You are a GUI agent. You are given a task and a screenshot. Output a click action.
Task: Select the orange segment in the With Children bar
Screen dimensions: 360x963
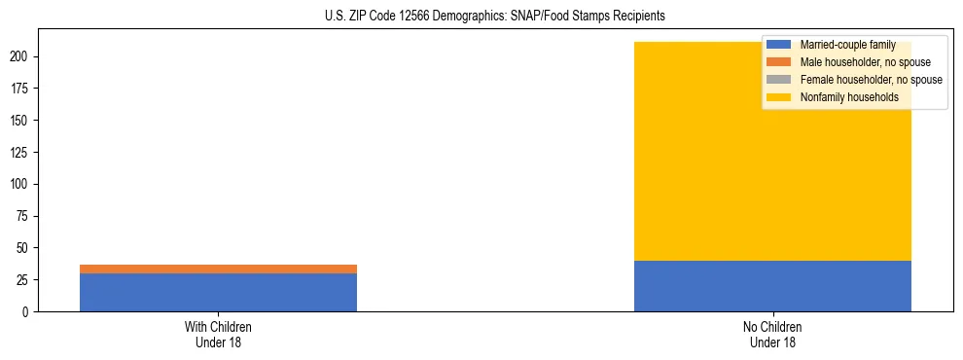[x=218, y=269]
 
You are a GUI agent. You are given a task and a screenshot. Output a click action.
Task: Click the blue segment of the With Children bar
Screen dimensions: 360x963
[x=218, y=292]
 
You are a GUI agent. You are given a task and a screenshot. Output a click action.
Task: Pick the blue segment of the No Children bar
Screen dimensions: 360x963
[x=772, y=286]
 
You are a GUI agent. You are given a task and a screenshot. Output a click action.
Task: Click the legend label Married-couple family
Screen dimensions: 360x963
[x=847, y=45]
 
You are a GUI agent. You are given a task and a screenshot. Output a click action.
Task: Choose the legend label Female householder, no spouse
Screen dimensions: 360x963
[x=871, y=80]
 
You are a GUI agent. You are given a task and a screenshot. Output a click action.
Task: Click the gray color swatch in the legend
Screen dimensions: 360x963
[x=779, y=80]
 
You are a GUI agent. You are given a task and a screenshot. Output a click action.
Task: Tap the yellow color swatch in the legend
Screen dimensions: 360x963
[x=779, y=97]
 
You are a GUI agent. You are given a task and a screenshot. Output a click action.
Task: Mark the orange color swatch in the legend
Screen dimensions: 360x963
[x=779, y=62]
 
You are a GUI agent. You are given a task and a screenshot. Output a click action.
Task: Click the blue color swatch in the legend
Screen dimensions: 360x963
[x=779, y=45]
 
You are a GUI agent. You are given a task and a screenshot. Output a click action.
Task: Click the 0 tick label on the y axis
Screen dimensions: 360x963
[x=28, y=311]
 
